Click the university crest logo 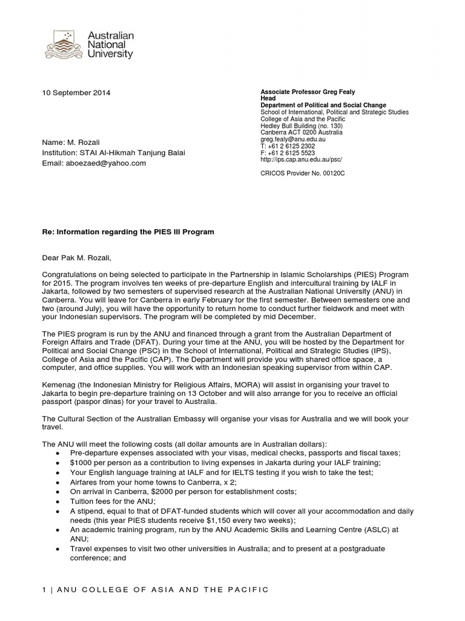click(x=65, y=45)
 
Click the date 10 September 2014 click(x=76, y=93)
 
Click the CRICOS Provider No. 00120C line click(x=303, y=173)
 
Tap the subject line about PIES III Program click(x=128, y=232)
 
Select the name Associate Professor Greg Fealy click(x=315, y=92)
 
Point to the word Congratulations click(x=72, y=274)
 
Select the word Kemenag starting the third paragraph click(x=59, y=383)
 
